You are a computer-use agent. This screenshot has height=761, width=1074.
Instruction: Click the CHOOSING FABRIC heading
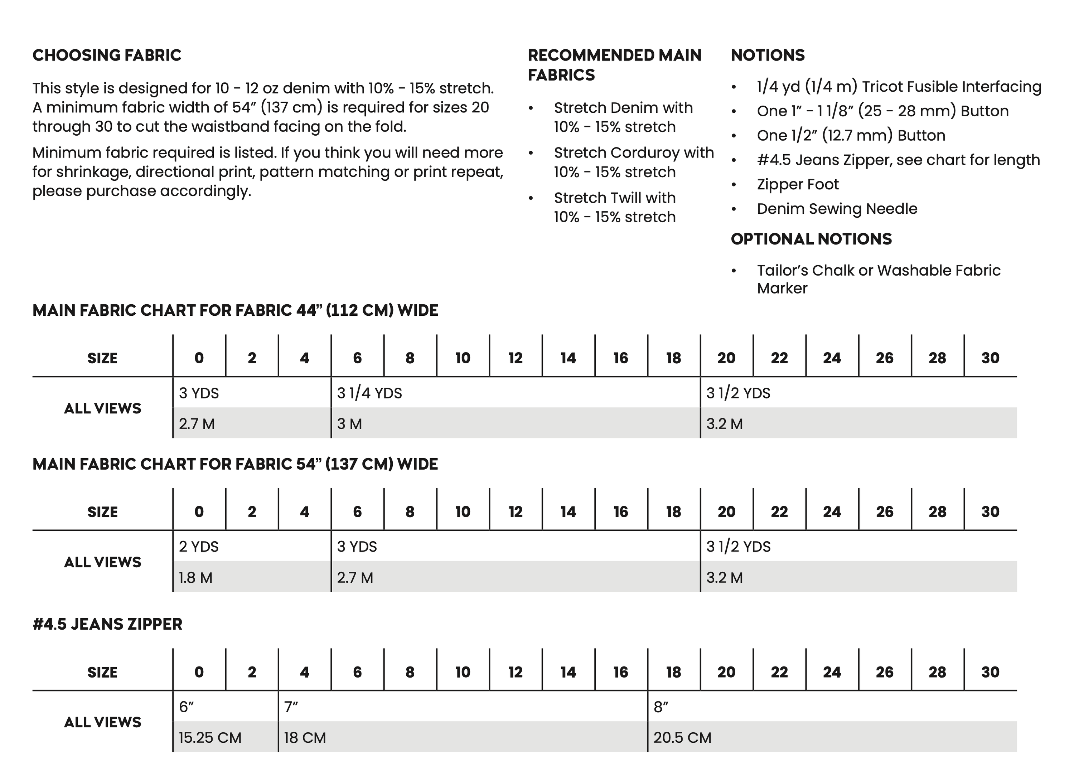pyautogui.click(x=106, y=55)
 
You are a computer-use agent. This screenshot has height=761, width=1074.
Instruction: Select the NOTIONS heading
pyautogui.click(x=768, y=55)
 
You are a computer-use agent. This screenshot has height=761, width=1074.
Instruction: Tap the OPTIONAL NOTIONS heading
pyautogui.click(x=811, y=239)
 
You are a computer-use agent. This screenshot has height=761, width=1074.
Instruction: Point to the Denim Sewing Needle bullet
pyautogui.click(x=837, y=209)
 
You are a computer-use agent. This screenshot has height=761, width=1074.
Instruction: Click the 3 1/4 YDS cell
pyautogui.click(x=369, y=393)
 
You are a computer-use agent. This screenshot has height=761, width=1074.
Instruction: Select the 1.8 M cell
pyautogui.click(x=195, y=577)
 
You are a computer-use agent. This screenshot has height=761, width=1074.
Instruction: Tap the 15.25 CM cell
pyautogui.click(x=210, y=738)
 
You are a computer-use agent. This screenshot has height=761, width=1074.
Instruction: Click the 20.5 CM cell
pyautogui.click(x=682, y=738)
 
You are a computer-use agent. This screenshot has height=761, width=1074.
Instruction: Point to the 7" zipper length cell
pyautogui.click(x=291, y=707)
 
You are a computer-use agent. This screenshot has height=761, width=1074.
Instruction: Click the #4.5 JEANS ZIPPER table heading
pyautogui.click(x=107, y=624)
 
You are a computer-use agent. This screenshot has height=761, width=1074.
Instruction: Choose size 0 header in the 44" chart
pyautogui.click(x=199, y=358)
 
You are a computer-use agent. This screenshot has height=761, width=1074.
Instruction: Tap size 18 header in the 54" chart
pyautogui.click(x=673, y=512)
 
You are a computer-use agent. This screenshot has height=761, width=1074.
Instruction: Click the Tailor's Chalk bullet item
pyautogui.click(x=878, y=279)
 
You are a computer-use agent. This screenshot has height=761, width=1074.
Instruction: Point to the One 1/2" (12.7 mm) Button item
pyautogui.click(x=851, y=135)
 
